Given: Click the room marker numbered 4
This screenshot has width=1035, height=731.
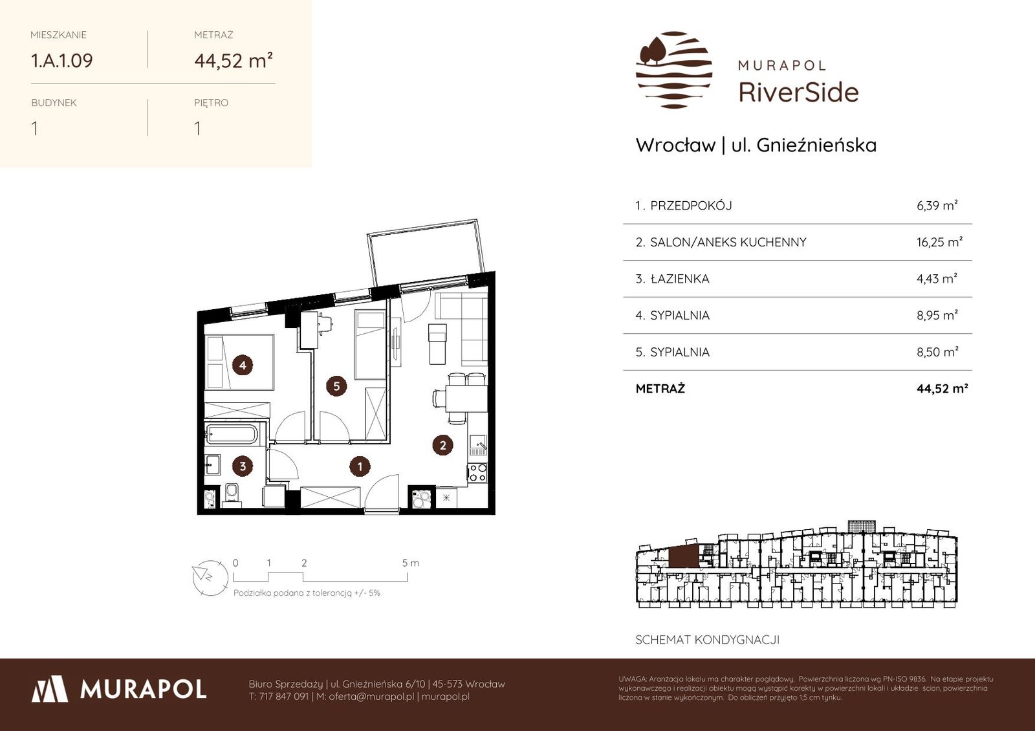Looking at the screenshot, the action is point(243,365).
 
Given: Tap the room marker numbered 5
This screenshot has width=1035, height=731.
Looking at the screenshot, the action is point(336,386).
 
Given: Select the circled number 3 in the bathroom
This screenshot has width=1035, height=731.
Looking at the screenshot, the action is point(243,466).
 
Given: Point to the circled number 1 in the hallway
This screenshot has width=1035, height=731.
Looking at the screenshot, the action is point(360,466).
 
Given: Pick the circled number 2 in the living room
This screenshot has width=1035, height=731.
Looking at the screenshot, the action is point(442,445).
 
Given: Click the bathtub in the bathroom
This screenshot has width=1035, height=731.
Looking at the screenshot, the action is point(232,435).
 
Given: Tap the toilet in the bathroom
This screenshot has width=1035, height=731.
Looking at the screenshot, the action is point(232,492).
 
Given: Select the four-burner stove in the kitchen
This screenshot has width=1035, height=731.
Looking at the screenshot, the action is point(477,473).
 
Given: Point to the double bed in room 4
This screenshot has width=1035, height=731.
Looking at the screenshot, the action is point(240,362).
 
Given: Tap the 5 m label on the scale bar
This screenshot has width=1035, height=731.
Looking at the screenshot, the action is point(410,563).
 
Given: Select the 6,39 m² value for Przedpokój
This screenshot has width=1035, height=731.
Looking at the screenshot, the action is point(937,205).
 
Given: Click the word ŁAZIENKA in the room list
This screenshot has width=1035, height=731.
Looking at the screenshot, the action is point(680,279).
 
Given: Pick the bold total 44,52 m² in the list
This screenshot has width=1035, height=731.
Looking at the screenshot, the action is point(942,389).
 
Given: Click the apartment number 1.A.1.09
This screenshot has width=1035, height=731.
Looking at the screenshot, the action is point(62,61).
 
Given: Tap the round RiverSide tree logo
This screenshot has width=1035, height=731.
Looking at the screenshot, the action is point(673,70).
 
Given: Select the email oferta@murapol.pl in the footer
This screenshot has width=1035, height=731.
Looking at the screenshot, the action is point(371,696).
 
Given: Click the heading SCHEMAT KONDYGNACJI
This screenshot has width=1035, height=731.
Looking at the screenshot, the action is point(708,640).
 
